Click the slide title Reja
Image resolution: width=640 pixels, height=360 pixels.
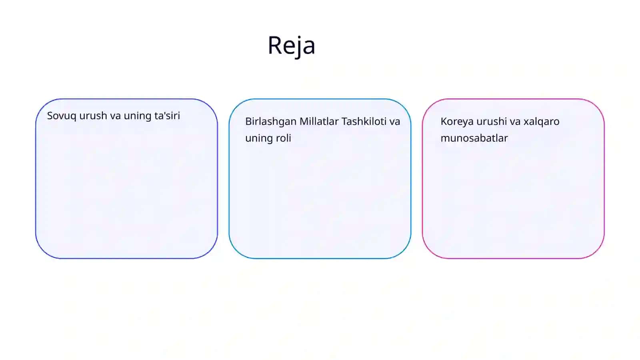pos(292,46)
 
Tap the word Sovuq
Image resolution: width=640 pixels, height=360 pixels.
pos(62,116)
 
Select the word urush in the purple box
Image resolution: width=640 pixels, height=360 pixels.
pos(93,116)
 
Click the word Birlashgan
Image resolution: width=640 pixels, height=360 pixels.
pos(271,122)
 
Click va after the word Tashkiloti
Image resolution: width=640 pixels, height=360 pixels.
pos(394,122)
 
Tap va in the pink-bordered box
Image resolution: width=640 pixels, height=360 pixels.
pos(515,122)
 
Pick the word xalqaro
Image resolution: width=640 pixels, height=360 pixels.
pos(542,122)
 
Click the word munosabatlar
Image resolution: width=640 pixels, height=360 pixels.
pos(474,138)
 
